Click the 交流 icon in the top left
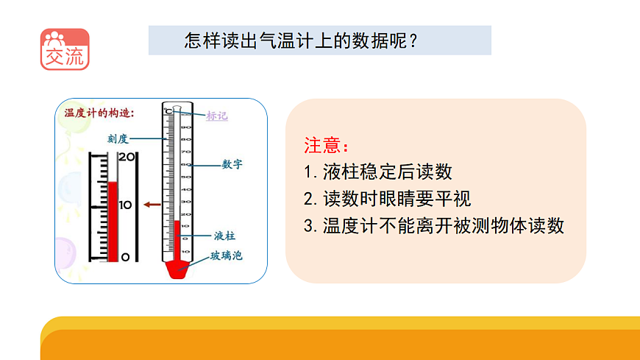pyautogui.click(x=65, y=49)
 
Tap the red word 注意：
pyautogui.click(x=324, y=144)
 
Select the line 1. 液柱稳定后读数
pyautogui.click(x=377, y=172)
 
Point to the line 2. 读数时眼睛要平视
pyautogui.click(x=387, y=199)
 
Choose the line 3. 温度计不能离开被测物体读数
pyautogui.click(x=434, y=225)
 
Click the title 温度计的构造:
pyautogui.click(x=99, y=113)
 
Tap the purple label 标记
pyautogui.click(x=217, y=115)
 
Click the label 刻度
pyautogui.click(x=118, y=138)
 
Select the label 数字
pyautogui.click(x=232, y=164)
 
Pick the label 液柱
pyautogui.click(x=224, y=236)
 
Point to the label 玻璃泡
pyautogui.click(x=227, y=256)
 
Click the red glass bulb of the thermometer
pyautogui.click(x=177, y=268)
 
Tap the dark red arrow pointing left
pyautogui.click(x=153, y=205)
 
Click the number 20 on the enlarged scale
pyautogui.click(x=127, y=157)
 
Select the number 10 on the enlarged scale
pyautogui.click(x=126, y=205)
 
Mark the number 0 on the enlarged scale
pyautogui.click(x=125, y=256)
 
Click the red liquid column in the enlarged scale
pyautogui.click(x=113, y=221)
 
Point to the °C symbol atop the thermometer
pyautogui.click(x=168, y=111)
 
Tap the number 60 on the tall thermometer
pyautogui.click(x=186, y=164)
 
